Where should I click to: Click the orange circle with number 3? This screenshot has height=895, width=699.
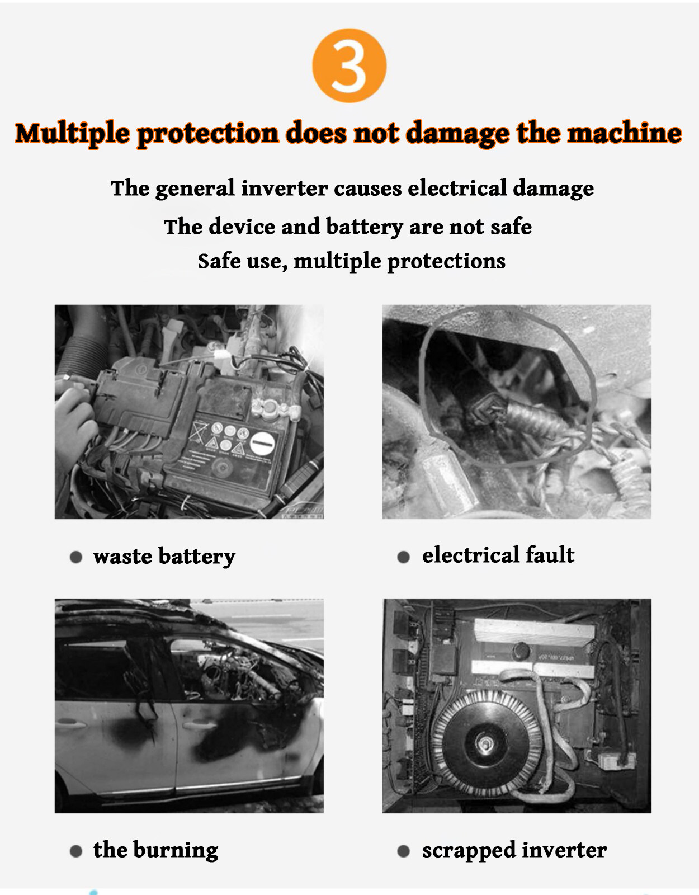coord(349,65)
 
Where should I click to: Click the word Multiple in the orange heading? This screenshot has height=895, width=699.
coord(73,134)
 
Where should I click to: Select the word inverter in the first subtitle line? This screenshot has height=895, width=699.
coord(285,188)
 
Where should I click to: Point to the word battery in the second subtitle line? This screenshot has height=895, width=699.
coord(365,227)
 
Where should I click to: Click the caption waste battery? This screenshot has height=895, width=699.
coord(164,557)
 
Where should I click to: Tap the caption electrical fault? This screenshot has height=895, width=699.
coord(498,554)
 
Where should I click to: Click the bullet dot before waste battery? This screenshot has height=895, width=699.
coord(76,557)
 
